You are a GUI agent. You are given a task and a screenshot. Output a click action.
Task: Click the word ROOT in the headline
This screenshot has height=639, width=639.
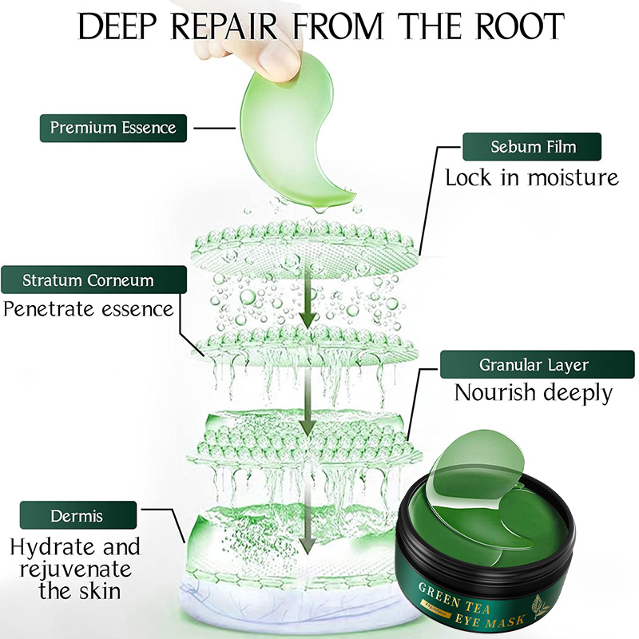point(520,26)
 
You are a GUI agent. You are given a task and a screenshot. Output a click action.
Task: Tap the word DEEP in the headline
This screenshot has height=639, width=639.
point(117,26)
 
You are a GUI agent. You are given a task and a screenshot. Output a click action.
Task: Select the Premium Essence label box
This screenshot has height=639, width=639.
point(113,128)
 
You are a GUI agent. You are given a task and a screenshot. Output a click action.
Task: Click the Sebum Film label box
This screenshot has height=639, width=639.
point(532,147)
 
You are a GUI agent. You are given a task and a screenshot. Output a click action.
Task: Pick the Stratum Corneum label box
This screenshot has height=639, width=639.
point(93,280)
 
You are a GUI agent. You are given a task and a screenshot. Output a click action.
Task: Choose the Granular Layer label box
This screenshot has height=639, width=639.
point(537,364)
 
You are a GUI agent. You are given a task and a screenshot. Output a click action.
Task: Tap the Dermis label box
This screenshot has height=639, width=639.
point(77,515)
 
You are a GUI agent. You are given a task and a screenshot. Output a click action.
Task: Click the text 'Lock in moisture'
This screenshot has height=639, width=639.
point(532,177)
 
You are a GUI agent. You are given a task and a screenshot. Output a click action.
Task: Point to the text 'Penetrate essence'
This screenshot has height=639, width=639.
point(89,309)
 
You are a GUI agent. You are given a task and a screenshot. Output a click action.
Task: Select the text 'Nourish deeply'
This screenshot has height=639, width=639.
point(534,393)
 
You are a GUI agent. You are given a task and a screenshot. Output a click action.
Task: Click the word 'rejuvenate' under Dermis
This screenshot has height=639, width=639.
point(76,570)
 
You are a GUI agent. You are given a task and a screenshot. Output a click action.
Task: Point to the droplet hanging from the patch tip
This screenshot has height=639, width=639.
point(321,209)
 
